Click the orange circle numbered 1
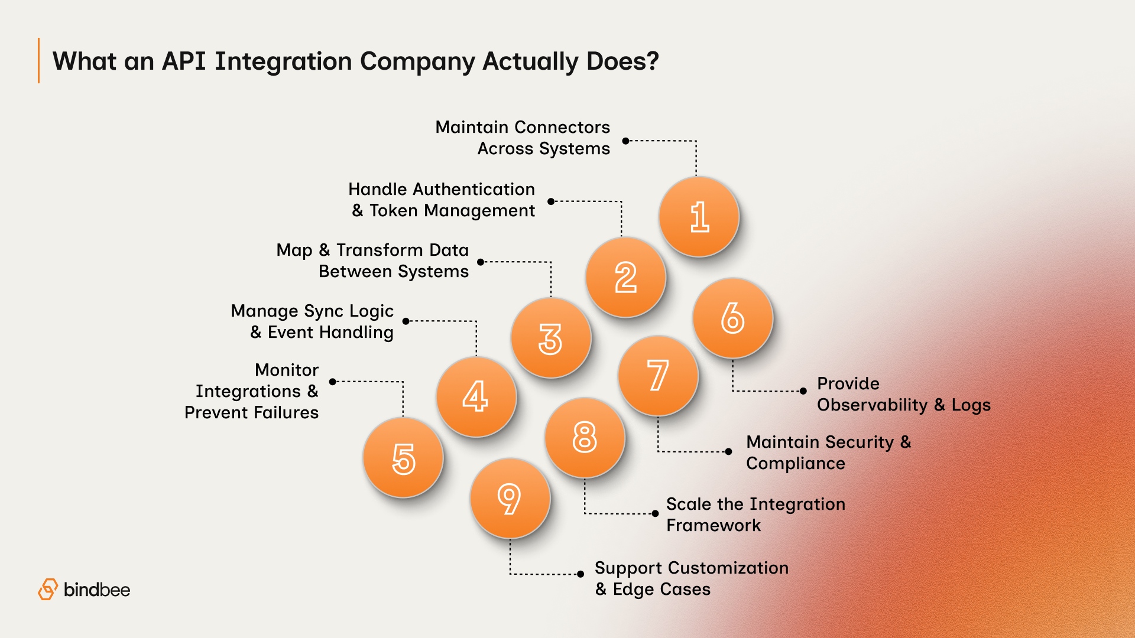[699, 217]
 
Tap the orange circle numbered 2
[625, 277]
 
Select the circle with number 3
[551, 338]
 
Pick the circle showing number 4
[476, 396]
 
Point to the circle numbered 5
[404, 458]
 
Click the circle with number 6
[733, 318]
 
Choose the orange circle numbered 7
[658, 376]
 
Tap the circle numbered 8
[585, 438]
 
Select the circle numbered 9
[510, 499]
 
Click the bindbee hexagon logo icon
[48, 590]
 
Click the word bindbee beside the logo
[96, 590]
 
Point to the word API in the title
[184, 61]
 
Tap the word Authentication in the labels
[474, 189]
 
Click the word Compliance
[795, 464]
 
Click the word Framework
[713, 526]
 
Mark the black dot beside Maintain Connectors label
[625, 141]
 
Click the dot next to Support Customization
[581, 574]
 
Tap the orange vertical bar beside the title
[39, 61]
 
